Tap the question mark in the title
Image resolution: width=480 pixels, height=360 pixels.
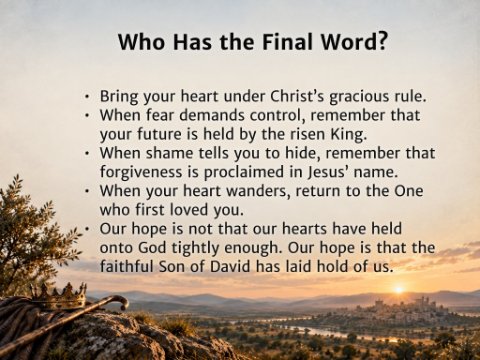(381, 42)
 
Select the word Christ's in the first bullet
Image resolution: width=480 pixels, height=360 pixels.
(297, 96)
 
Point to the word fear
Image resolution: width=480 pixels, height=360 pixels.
(160, 115)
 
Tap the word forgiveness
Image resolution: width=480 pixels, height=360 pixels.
(141, 172)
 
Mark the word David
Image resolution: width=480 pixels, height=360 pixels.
(230, 267)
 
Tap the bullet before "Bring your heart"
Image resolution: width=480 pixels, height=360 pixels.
(87, 97)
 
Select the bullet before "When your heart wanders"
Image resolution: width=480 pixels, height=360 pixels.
(87, 191)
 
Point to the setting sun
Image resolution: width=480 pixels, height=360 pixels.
(399, 289)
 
